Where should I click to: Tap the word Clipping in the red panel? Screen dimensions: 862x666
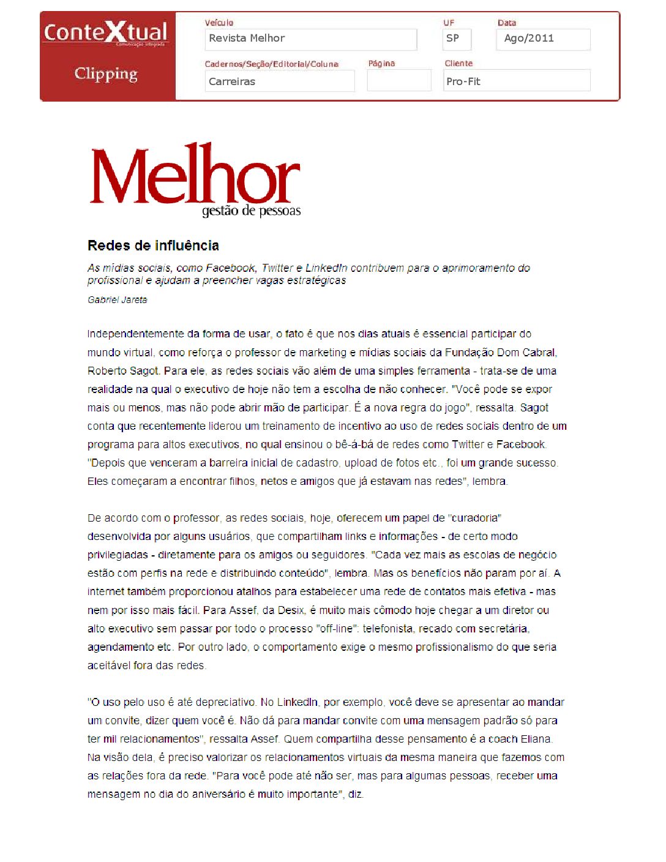106,73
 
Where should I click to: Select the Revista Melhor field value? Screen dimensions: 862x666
247,38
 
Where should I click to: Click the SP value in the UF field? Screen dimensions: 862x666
452,38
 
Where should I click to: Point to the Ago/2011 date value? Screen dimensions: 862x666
528,38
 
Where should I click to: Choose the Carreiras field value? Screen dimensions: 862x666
232,81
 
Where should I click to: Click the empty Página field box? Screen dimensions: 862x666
399,81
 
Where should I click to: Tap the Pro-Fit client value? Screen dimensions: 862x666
463,81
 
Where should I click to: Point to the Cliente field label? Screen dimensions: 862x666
458,63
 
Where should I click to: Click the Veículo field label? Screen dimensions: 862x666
219,23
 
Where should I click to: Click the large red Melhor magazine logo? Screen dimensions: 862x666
195,174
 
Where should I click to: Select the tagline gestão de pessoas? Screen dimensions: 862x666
252,211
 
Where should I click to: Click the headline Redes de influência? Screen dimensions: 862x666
153,245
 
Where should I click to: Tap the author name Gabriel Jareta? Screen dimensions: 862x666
117,300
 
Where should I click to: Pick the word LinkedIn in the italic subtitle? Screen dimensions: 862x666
326,268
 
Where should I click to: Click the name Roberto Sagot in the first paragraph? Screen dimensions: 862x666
124,371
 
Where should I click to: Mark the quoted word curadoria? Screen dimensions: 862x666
476,518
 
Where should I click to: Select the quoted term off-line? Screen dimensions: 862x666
337,629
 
